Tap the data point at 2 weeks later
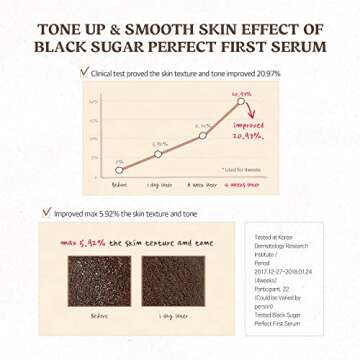click(203, 135)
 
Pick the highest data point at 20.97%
click(241, 101)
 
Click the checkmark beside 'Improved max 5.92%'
click(47, 212)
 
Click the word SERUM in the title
click(293, 45)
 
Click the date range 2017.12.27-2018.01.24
click(287, 271)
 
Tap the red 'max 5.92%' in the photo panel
click(81, 243)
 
